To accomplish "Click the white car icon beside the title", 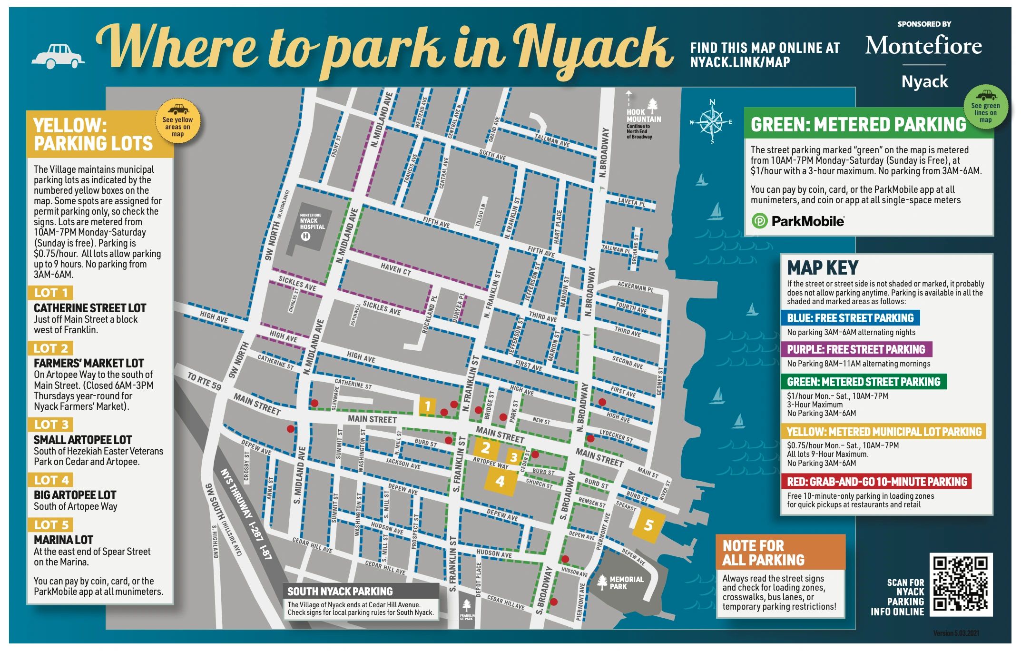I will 58,56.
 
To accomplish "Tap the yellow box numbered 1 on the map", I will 427,405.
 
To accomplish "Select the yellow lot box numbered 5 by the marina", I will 648,525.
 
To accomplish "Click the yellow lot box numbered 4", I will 500,481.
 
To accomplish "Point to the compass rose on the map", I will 712,122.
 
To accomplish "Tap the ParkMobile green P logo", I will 759,221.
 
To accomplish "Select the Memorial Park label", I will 626,583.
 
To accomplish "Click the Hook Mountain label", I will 643,116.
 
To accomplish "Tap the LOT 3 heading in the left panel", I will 51,425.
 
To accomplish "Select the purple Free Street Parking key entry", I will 855,349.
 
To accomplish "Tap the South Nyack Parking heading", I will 340,591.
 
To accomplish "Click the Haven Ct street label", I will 395,269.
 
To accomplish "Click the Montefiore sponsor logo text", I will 923,46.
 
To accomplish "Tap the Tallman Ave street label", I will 551,140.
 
